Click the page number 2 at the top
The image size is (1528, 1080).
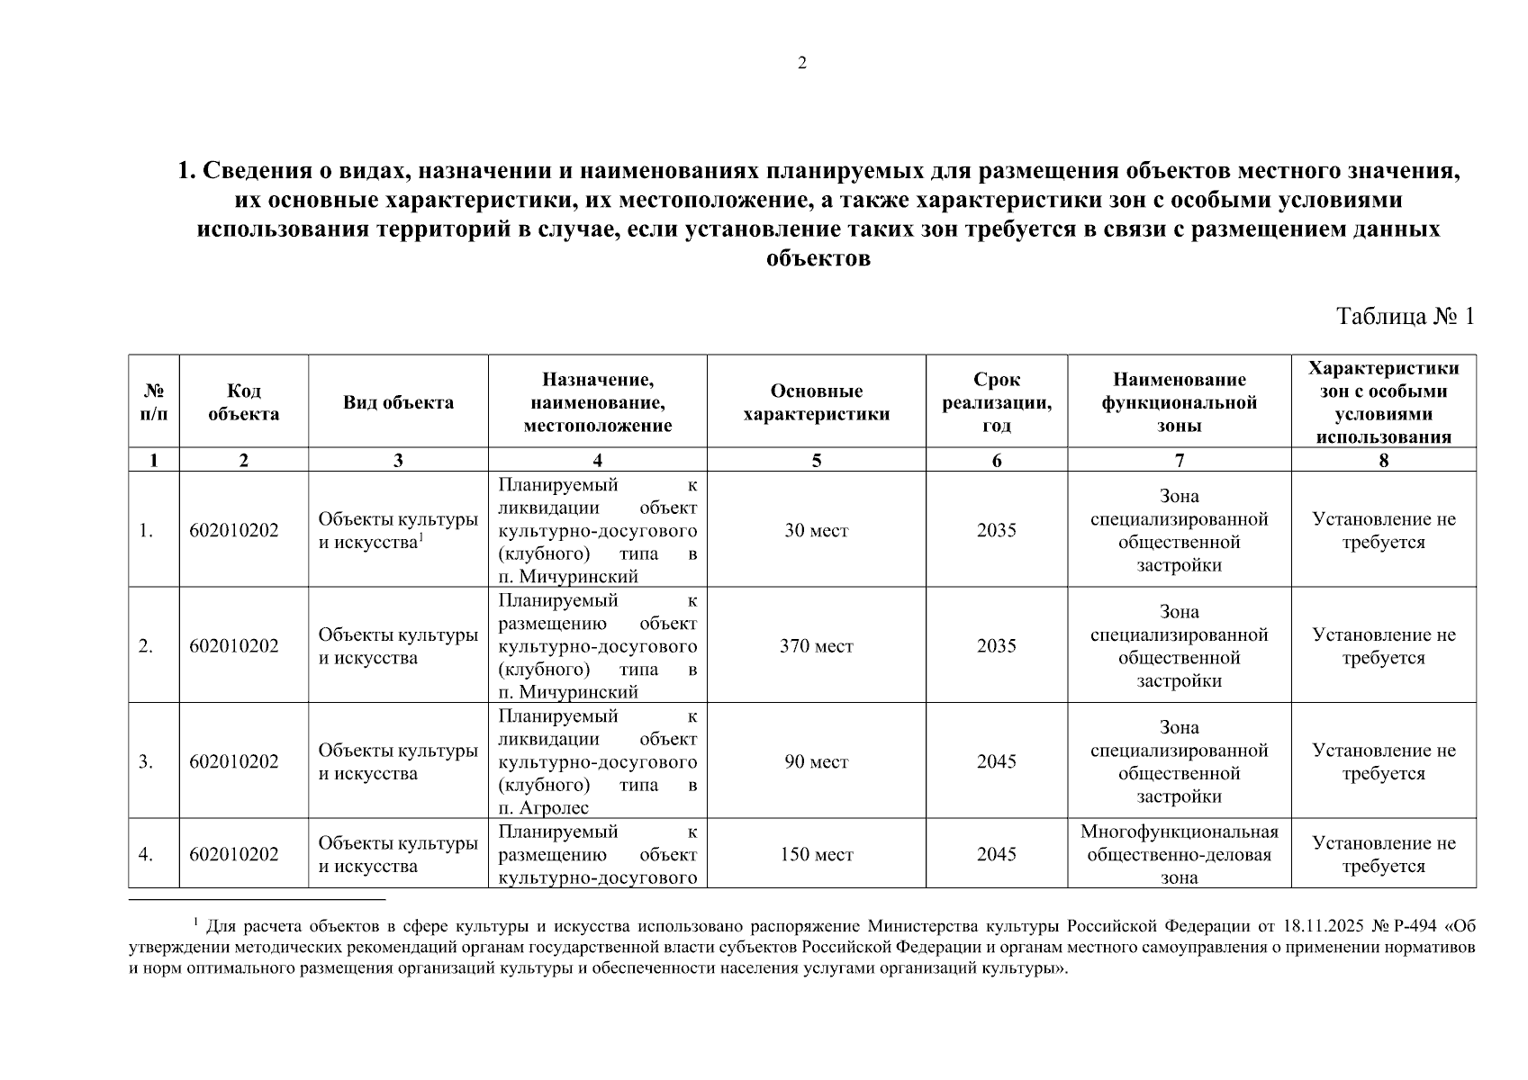pos(802,62)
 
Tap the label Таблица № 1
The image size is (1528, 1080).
pos(1406,317)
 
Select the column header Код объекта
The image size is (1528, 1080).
pos(243,402)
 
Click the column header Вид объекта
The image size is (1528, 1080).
pos(398,402)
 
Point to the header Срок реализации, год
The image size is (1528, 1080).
pos(996,402)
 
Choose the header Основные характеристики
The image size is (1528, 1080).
pos(816,402)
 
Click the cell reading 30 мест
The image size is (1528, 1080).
pos(816,530)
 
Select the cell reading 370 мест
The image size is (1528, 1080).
pos(816,646)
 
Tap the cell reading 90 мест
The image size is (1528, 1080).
pos(816,762)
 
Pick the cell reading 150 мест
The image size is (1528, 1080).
pos(816,854)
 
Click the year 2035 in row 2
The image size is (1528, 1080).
pos(996,646)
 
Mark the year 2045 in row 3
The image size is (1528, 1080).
pos(996,762)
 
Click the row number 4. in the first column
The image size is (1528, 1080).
pos(146,854)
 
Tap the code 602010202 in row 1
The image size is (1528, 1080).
pos(234,530)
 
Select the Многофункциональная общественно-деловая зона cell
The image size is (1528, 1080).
pos(1179,854)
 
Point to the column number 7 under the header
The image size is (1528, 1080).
pos(1179,461)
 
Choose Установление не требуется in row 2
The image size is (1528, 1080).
pos(1383,646)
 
